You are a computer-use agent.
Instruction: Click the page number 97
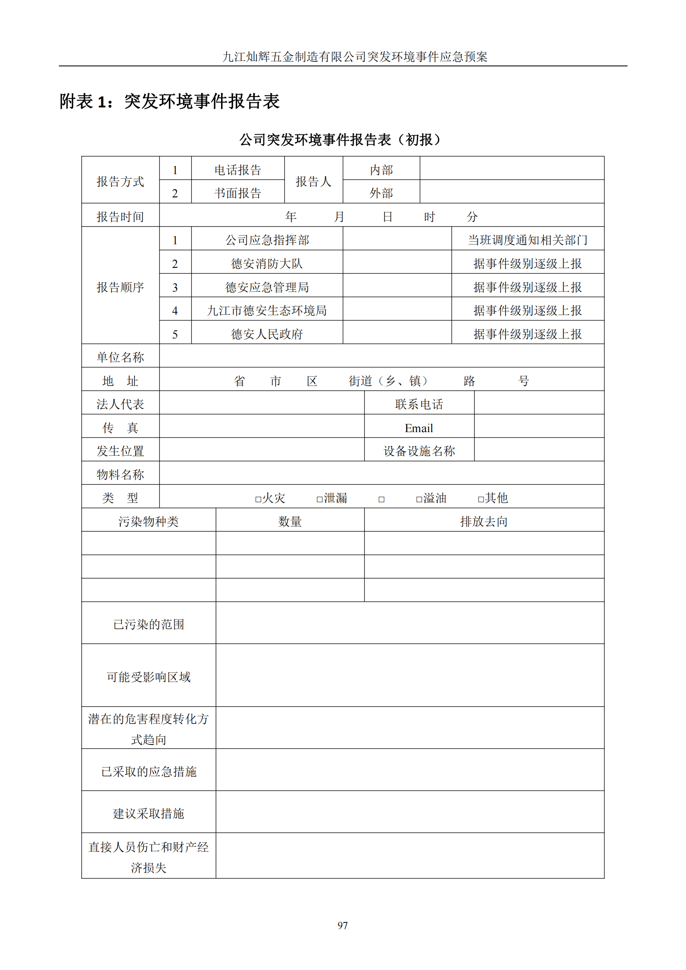coord(343,925)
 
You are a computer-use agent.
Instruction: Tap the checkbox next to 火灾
coord(258,499)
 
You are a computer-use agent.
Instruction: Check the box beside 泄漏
coord(319,499)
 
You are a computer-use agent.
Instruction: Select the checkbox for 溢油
coord(419,499)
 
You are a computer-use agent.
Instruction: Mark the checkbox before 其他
coord(481,499)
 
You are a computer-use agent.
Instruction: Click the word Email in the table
coord(418,428)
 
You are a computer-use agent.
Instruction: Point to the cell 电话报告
coord(238,170)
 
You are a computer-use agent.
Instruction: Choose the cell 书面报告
coord(238,193)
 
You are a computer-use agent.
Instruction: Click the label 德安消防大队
coord(267,264)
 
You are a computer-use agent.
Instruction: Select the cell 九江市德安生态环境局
coord(267,311)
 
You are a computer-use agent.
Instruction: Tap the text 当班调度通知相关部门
coord(528,240)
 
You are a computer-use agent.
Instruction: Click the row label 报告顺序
coord(120,287)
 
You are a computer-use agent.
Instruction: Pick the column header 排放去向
coord(484,522)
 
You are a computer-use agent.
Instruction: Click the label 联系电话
coord(418,404)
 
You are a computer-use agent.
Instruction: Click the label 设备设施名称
coord(418,451)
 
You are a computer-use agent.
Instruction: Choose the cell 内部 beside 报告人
coord(381,170)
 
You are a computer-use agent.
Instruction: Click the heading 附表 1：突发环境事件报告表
coord(169,101)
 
